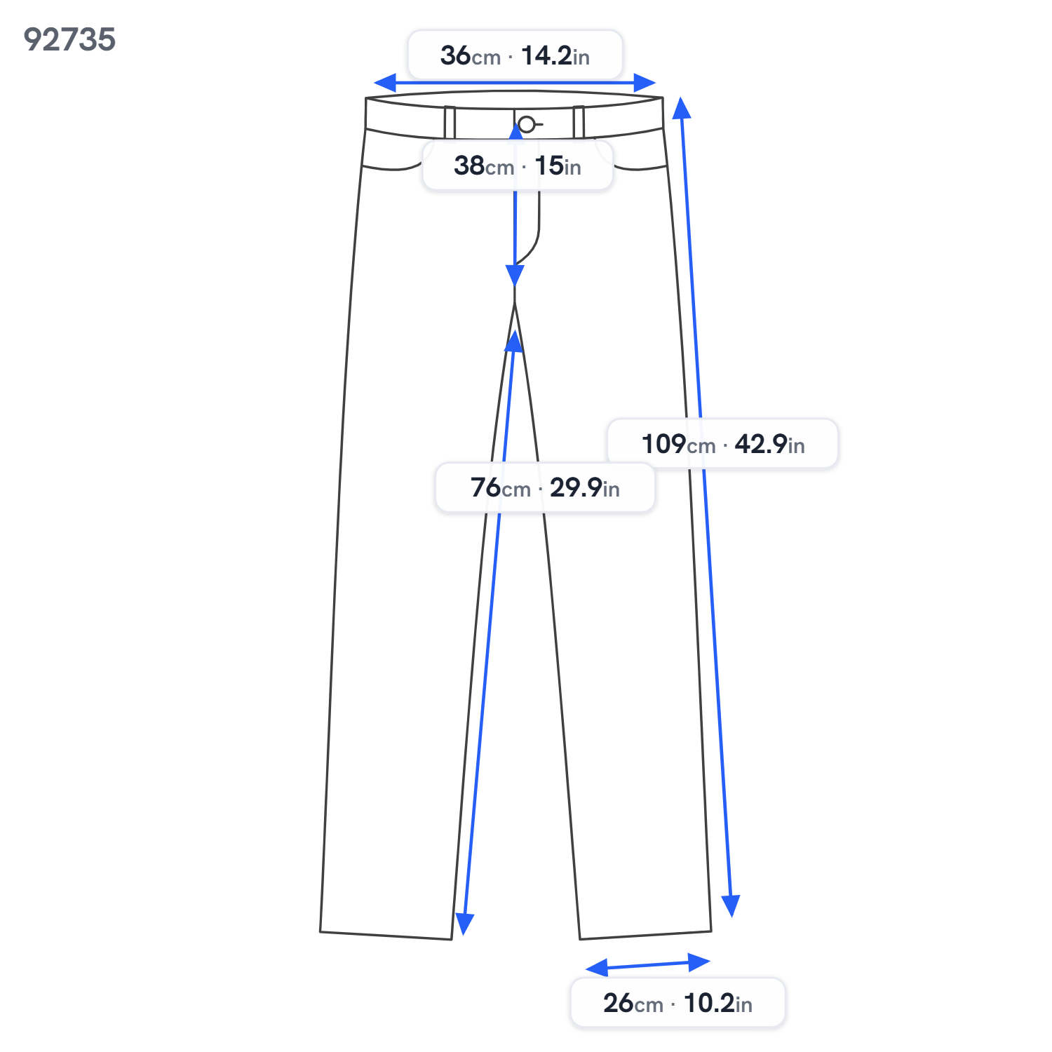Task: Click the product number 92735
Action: [x=69, y=39]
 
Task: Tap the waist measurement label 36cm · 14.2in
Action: [x=515, y=55]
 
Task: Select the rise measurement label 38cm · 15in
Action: [x=518, y=166]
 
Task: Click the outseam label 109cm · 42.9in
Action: [x=722, y=444]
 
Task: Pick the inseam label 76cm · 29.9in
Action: [x=545, y=487]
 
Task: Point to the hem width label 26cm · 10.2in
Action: [x=677, y=1003]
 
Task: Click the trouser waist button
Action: [x=527, y=125]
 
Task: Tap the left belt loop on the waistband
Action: [x=450, y=123]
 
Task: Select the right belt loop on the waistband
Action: [x=579, y=122]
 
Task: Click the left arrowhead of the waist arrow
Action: [x=385, y=83]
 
